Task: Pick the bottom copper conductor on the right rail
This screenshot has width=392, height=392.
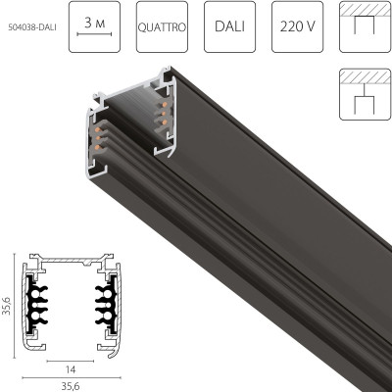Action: point(160,122)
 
